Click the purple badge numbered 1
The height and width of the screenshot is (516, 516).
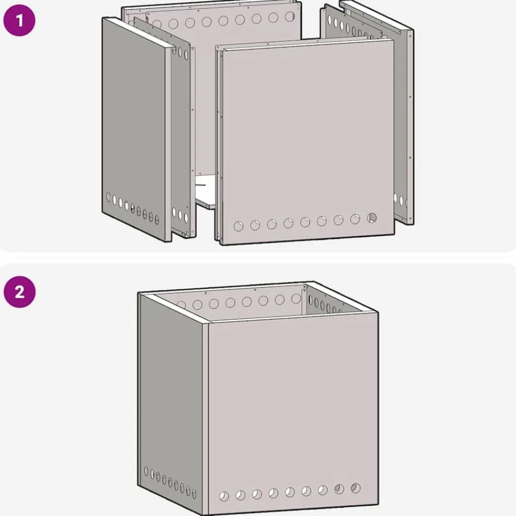click(19, 21)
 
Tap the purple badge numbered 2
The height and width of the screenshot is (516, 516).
click(20, 292)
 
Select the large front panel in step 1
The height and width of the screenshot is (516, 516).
click(308, 141)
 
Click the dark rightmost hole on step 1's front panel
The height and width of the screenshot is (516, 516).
click(372, 218)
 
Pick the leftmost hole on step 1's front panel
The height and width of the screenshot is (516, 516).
click(238, 226)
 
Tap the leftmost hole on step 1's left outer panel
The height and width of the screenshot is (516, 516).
click(108, 197)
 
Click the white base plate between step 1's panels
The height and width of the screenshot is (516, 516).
click(205, 191)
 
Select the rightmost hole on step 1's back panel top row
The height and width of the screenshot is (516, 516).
click(289, 17)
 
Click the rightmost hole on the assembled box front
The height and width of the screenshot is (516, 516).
click(356, 488)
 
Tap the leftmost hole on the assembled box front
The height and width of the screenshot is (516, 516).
click(224, 496)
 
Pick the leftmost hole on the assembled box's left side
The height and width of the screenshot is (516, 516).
click(147, 471)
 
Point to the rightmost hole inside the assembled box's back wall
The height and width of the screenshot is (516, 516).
click(296, 298)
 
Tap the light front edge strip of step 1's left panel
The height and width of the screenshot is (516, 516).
click(168, 141)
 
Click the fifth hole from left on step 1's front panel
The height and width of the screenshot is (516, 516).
click(305, 222)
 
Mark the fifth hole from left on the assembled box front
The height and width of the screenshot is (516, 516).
click(289, 492)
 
